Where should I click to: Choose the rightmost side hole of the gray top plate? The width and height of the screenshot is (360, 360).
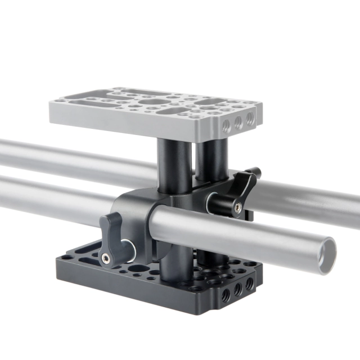coord(249,119)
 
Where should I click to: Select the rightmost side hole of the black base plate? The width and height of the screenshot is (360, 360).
coord(249,285)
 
